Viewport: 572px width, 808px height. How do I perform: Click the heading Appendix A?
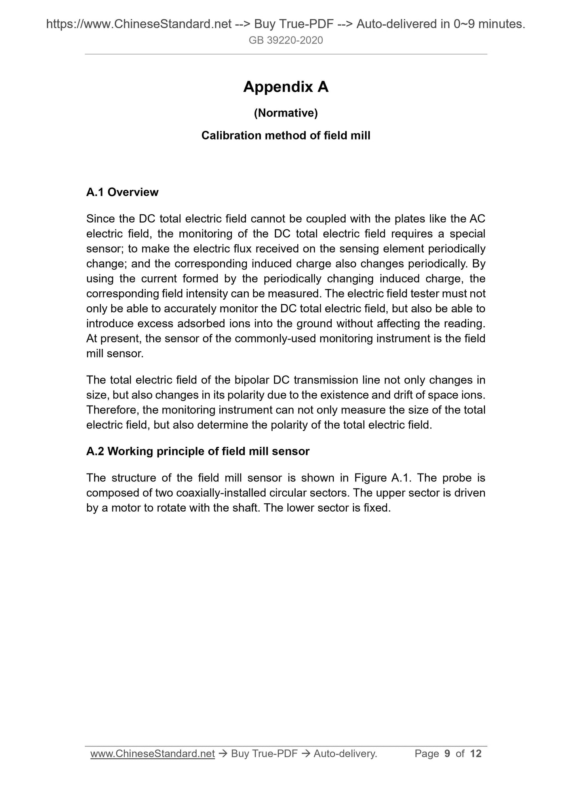point(286,87)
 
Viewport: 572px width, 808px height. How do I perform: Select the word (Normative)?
point(286,113)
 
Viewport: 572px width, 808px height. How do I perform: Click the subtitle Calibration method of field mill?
point(286,136)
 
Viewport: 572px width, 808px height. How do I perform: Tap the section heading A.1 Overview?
point(122,193)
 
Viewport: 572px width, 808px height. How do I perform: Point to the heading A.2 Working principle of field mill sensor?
point(198,451)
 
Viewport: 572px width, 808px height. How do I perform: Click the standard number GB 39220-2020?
point(286,40)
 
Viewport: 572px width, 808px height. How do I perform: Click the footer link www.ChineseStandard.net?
point(152,754)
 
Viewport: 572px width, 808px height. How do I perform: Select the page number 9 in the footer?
point(447,754)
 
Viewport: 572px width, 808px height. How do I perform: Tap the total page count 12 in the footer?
point(476,754)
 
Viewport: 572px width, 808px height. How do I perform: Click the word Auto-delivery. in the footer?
point(345,754)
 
